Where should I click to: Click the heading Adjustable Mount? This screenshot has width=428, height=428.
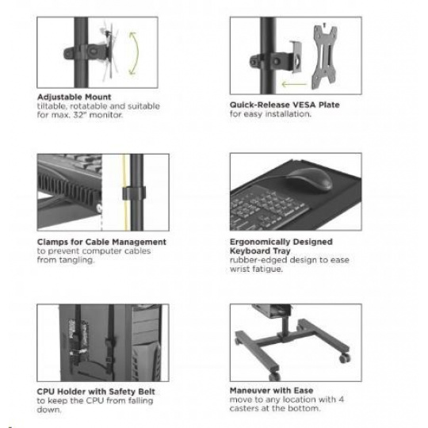coord(75,97)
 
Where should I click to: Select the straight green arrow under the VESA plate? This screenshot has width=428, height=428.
coord(294,84)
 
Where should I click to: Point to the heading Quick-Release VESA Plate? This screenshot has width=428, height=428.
coord(285,105)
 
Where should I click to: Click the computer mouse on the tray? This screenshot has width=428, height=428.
coord(310,180)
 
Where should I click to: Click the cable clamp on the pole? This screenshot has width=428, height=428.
coord(134,193)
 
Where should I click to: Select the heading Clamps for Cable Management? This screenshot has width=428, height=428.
coord(101,242)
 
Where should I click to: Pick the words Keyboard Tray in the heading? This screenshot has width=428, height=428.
coord(260,250)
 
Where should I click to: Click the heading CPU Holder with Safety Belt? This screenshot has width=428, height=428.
coord(96,392)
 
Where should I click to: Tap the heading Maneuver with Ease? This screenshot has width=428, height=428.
coord(271,391)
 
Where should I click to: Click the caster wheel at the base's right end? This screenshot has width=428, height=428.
coord(345,357)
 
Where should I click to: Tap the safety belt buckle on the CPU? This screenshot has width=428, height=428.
coord(109,345)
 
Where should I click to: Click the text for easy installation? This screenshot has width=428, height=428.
coord(270,114)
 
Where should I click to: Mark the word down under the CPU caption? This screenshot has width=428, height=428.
coord(49,410)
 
